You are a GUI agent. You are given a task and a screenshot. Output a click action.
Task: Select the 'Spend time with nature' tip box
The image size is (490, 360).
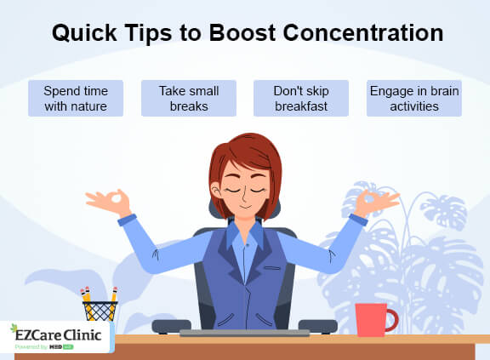pyautogui.click(x=75, y=98)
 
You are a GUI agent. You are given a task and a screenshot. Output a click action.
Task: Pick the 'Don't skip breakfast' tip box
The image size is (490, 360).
pyautogui.click(x=301, y=98)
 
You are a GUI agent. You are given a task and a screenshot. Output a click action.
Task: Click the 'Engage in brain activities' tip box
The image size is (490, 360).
pyautogui.click(x=414, y=98)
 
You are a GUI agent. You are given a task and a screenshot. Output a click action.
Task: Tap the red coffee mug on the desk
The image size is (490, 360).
pyautogui.click(x=371, y=318)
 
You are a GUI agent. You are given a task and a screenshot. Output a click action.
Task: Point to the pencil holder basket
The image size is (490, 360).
pyautogui.click(x=100, y=311)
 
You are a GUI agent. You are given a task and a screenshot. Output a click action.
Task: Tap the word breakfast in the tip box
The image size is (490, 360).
pyautogui.click(x=301, y=107)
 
